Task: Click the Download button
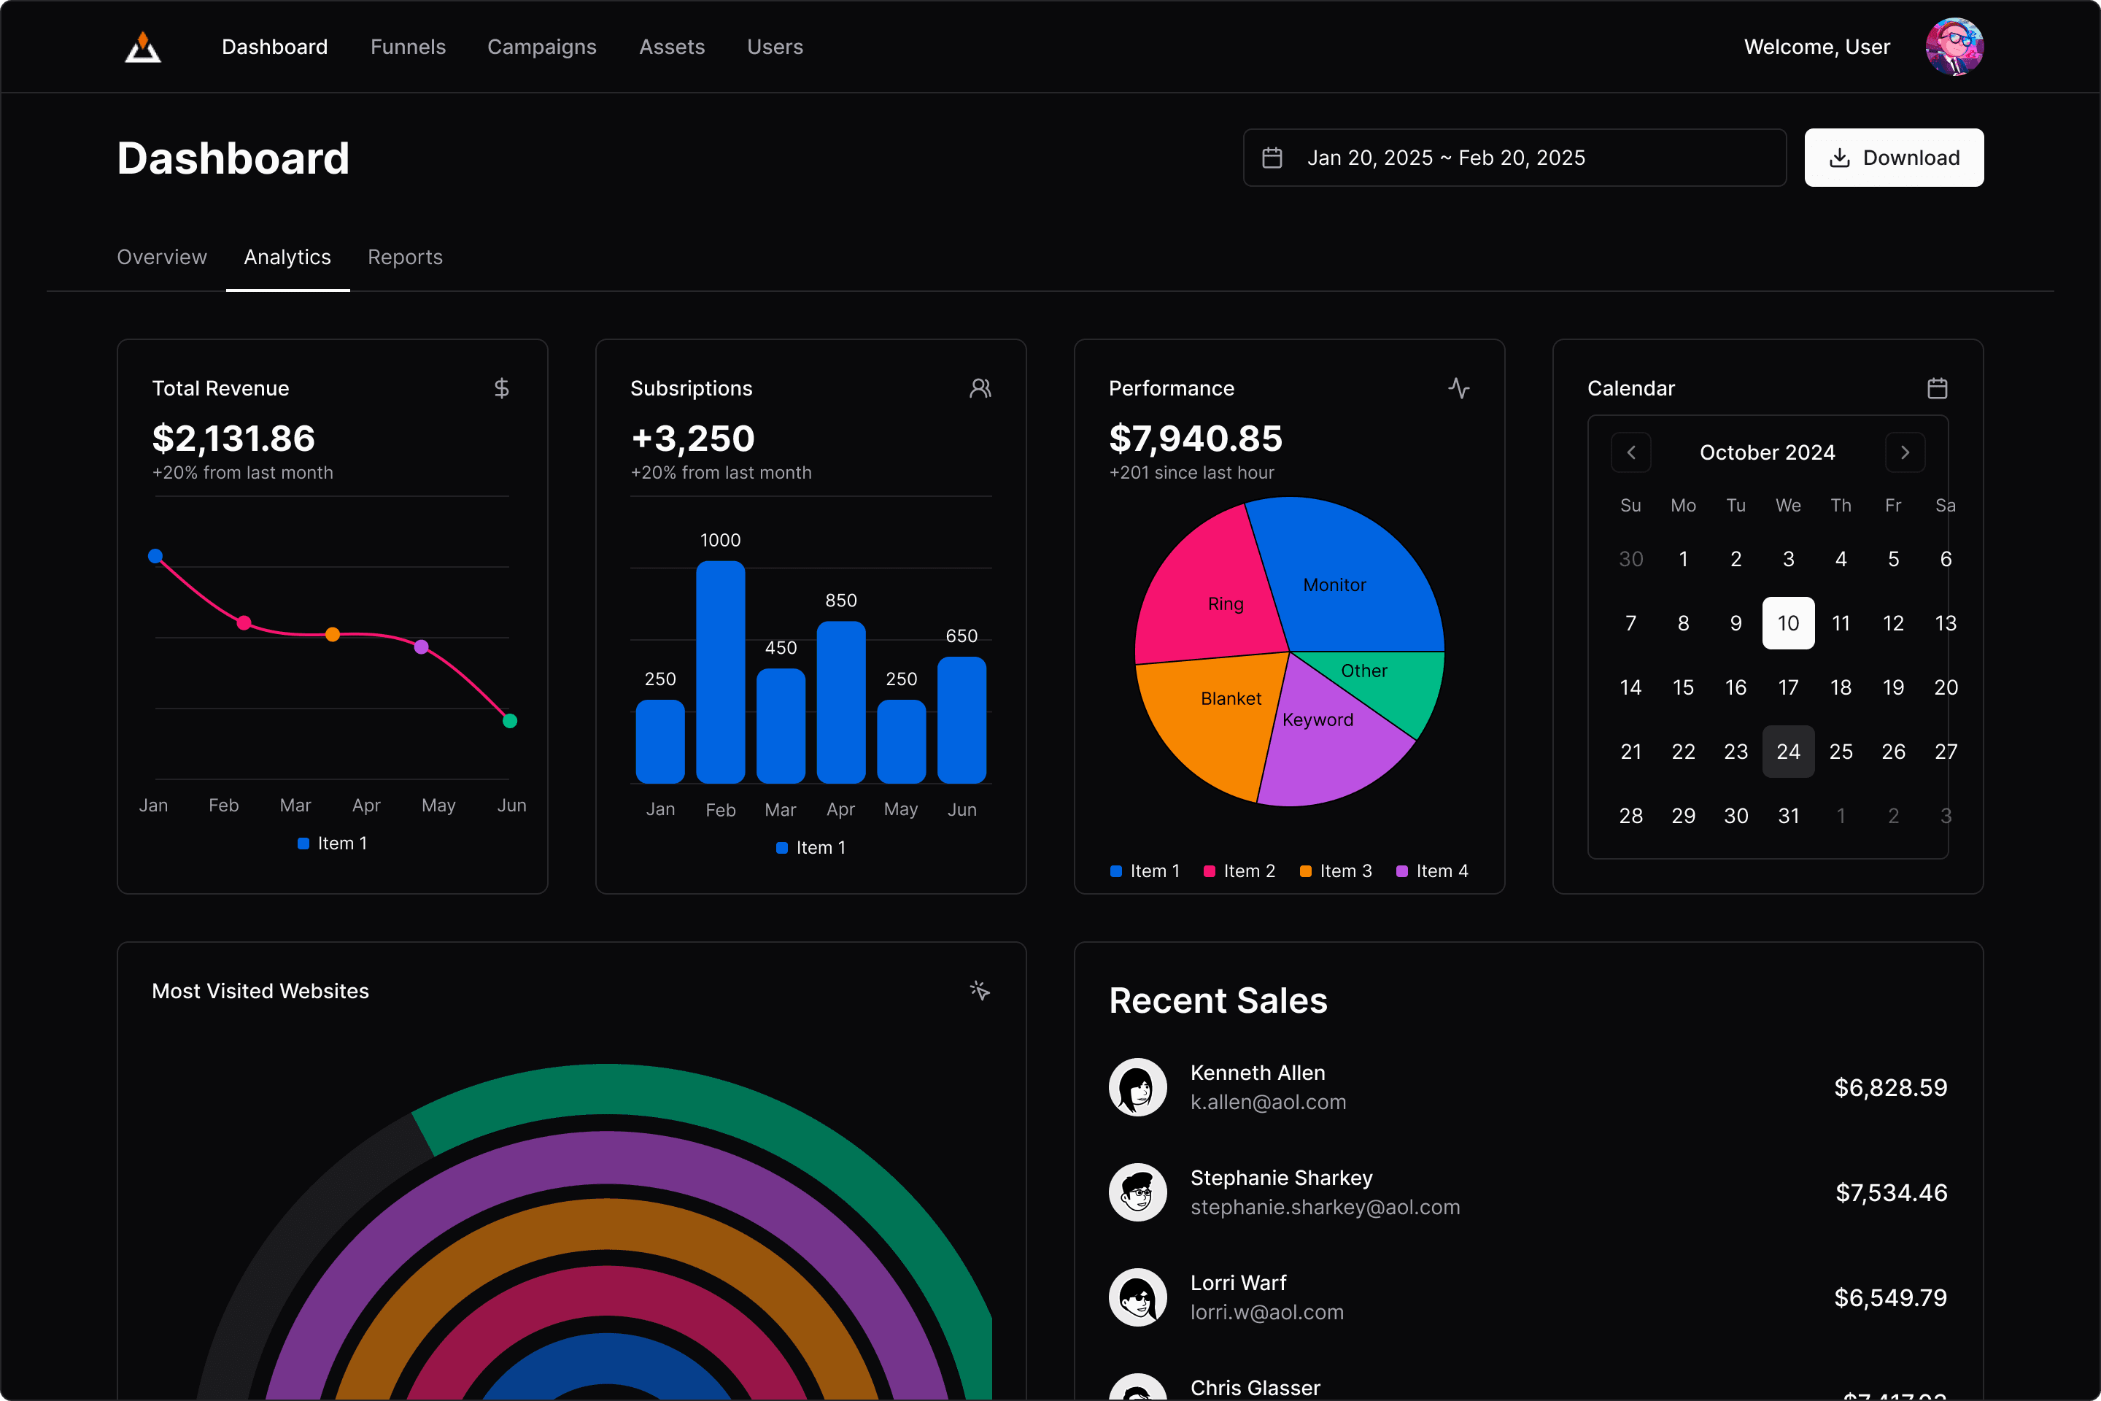[1893, 158]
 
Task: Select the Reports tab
[405, 258]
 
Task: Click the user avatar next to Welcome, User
[1954, 47]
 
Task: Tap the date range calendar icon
[1272, 158]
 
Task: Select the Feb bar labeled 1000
[720, 672]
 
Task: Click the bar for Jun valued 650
[961, 720]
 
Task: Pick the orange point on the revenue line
[333, 634]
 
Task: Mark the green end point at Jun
[510, 721]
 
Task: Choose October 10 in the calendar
[1787, 622]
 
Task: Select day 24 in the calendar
[1787, 752]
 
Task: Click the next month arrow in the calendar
[1905, 452]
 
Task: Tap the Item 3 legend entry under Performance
[1336, 871]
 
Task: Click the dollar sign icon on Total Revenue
[501, 389]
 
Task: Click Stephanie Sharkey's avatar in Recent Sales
[1137, 1192]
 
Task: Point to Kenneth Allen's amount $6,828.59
[1890, 1087]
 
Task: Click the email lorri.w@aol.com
[1266, 1313]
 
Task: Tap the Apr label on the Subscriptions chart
[840, 809]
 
